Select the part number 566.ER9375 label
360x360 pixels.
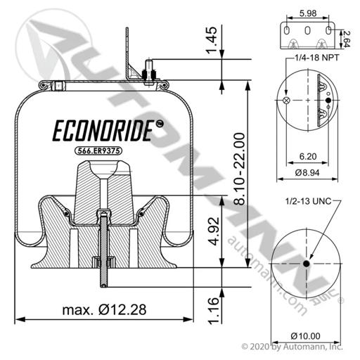click(98, 150)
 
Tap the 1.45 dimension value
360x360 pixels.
click(212, 40)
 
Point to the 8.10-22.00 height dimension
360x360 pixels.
click(240, 169)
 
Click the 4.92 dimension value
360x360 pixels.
click(214, 231)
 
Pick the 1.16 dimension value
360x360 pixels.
click(214, 311)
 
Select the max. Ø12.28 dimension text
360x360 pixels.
click(104, 309)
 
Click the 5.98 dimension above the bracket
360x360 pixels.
click(308, 13)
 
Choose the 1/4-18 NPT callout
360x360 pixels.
click(317, 58)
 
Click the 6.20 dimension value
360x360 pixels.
click(308, 156)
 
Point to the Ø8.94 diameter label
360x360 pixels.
click(307, 173)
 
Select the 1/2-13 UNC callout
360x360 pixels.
click(308, 201)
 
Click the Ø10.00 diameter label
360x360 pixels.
click(305, 336)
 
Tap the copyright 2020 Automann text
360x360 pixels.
click(292, 347)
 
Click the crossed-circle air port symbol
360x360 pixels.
click(286, 101)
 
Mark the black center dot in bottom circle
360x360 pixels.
click(306, 264)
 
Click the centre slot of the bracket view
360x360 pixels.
click(307, 30)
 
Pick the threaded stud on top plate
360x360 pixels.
click(148, 70)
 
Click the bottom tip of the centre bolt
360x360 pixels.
click(104, 286)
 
